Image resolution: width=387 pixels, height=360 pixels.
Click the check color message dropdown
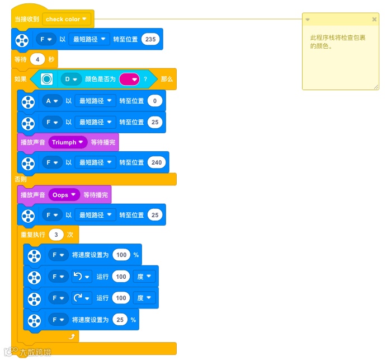[67, 19]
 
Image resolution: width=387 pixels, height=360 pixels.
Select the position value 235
[150, 39]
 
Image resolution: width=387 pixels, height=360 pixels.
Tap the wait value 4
[37, 59]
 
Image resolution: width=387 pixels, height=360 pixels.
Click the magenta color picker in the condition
[129, 80]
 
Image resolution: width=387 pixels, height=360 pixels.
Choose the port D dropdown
[70, 80]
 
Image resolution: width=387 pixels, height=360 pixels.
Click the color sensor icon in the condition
[47, 80]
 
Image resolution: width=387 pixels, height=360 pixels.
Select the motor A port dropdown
[51, 101]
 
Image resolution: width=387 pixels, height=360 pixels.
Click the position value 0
[155, 101]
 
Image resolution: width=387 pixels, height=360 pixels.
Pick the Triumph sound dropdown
[67, 142]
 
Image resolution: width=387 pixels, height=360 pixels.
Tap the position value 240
[156, 162]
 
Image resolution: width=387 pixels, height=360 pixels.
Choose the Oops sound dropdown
[64, 195]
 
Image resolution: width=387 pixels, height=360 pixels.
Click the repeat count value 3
[56, 235]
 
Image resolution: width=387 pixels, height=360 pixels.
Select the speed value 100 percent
[121, 255]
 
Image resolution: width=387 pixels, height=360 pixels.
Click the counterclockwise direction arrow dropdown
[82, 277]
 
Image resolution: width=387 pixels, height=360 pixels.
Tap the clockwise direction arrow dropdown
[82, 298]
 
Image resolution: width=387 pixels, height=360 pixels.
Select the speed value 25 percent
[119, 320]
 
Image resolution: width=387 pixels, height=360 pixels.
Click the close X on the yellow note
[374, 20]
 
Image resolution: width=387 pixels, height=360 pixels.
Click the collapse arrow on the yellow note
[308, 20]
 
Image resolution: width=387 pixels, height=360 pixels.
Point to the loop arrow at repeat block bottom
[72, 336]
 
